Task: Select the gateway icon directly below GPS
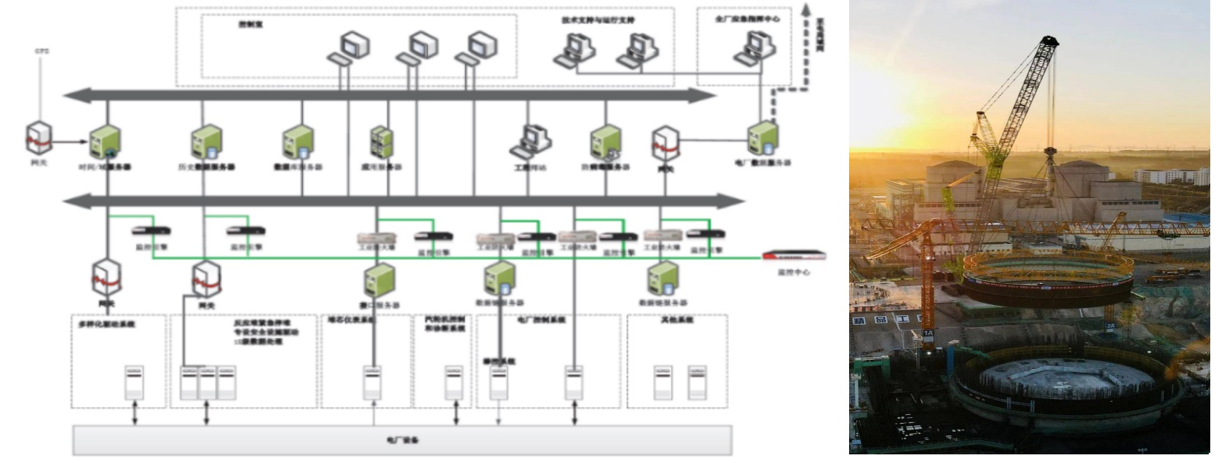(39, 138)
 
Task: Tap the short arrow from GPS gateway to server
(70, 143)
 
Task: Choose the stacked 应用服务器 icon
(381, 142)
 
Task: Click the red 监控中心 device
(794, 256)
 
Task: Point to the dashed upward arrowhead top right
(805, 11)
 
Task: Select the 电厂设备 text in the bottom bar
(402, 441)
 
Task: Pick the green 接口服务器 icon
(379, 280)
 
